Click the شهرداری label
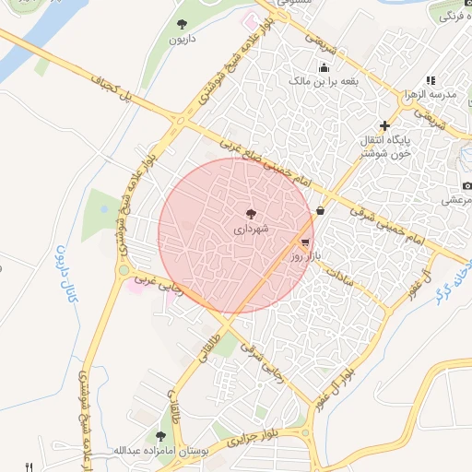[x=251, y=227]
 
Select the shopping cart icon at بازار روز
[x=305, y=242]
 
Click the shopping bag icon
[x=320, y=211]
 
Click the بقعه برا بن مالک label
[x=324, y=81]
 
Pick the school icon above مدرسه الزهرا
[x=430, y=81]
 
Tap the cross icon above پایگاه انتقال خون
[x=384, y=125]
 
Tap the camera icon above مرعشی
[x=466, y=187]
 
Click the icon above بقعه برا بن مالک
[x=324, y=67]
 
